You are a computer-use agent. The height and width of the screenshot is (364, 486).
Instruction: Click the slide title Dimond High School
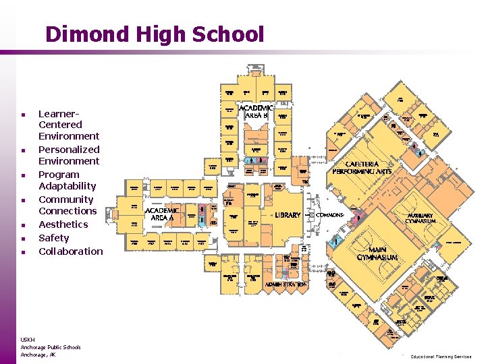point(155,34)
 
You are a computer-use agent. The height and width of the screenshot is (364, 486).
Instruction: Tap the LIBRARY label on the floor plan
point(288,215)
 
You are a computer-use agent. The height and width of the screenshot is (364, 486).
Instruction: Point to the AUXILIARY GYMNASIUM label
point(421,218)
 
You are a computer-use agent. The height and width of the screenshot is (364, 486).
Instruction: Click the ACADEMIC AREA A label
point(163,214)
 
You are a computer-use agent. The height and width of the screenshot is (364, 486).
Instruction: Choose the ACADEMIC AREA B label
point(256,112)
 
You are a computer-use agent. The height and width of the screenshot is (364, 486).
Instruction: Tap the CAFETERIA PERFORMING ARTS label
point(362,168)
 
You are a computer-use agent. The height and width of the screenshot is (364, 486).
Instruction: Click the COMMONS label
point(330,215)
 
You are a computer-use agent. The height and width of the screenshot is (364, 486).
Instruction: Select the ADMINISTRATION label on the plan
point(286,285)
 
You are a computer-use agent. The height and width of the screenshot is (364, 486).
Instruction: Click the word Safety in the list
point(54,238)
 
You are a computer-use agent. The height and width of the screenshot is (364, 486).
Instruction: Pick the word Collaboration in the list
point(71,251)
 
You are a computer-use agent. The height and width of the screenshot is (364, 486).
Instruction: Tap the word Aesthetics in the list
point(63,224)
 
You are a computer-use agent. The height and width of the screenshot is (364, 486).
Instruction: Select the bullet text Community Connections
point(67,205)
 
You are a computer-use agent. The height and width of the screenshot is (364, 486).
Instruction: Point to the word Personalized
point(69,150)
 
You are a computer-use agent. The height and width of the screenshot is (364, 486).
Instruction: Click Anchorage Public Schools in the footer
point(51,347)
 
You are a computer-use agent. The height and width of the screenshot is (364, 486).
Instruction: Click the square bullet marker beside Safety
point(23,239)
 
